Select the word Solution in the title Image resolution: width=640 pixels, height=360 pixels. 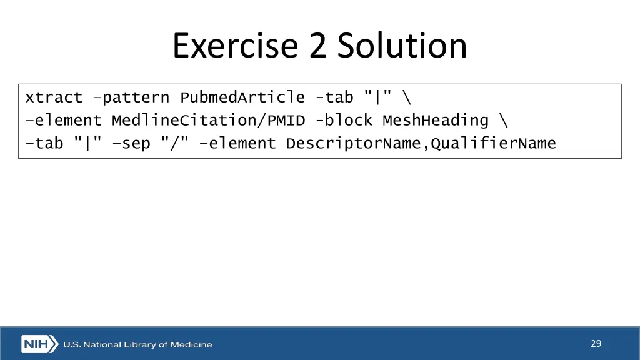coord(402,46)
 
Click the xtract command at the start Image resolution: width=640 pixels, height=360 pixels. coord(54,97)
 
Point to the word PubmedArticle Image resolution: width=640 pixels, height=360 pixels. coord(242,97)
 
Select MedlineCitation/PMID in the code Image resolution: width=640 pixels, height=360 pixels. coord(208,120)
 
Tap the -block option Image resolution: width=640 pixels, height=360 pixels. coord(344,120)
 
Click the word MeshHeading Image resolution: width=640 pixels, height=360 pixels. coord(435,120)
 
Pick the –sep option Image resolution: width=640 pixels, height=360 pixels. coord(131,143)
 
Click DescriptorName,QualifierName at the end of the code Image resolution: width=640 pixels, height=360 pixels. coord(421,143)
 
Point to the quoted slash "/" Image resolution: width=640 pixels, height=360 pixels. coord(174,143)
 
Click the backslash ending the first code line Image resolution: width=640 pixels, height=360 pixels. coord(407,97)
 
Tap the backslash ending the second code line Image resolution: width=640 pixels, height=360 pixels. coord(503,120)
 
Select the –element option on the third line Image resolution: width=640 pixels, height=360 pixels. coord(237,143)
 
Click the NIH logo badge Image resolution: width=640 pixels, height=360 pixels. coord(40,344)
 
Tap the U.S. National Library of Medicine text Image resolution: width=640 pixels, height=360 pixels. coord(137,344)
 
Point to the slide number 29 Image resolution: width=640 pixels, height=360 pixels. coord(596,343)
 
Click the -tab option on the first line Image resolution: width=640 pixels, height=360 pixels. coord(334,97)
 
